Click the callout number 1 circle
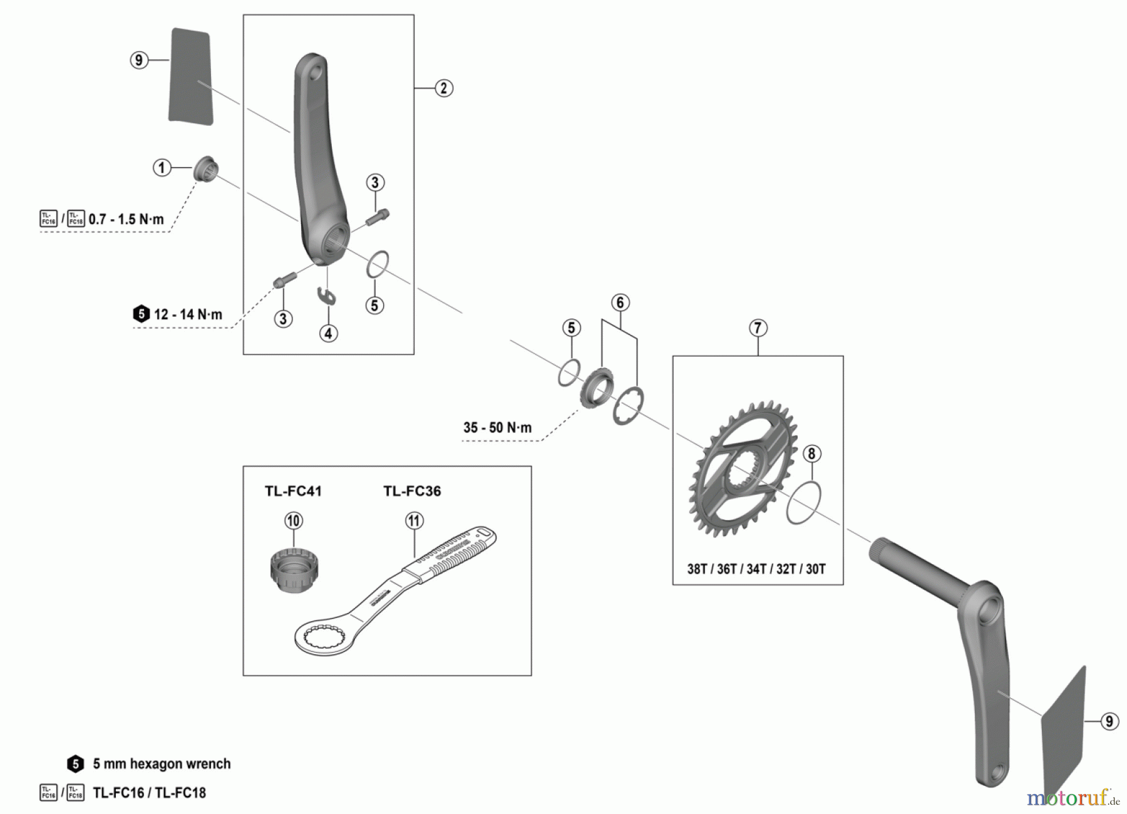point(162,168)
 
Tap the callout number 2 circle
point(443,88)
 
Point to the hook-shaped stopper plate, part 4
point(327,295)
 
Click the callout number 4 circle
point(328,333)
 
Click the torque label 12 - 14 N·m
point(188,314)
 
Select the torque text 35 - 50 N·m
point(497,428)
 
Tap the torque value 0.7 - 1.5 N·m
point(126,219)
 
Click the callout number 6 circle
point(620,302)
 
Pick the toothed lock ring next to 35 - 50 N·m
point(597,391)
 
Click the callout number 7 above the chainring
point(758,328)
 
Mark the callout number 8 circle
point(811,453)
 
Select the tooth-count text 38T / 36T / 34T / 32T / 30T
point(756,569)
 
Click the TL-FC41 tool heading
point(293,491)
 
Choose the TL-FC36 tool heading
point(412,491)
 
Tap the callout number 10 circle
point(293,520)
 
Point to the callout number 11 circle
point(414,520)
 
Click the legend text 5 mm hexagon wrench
point(162,764)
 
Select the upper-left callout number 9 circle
point(139,60)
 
